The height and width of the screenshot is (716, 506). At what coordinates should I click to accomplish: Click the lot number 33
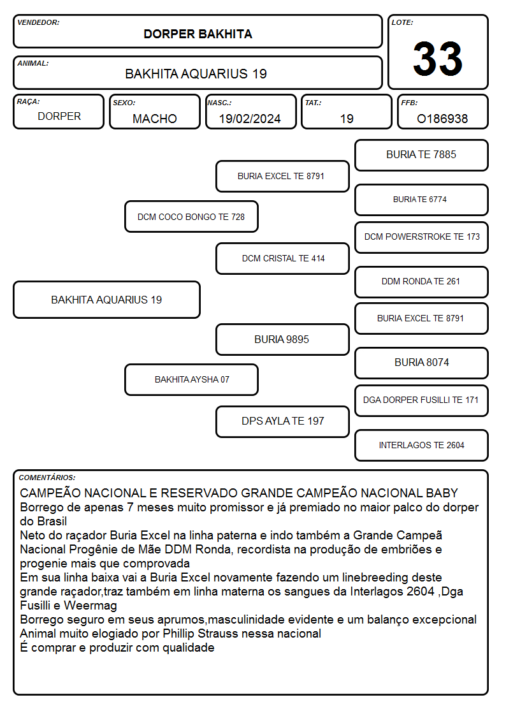pyautogui.click(x=438, y=59)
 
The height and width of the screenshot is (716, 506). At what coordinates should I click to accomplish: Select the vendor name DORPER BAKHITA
pyautogui.click(x=198, y=34)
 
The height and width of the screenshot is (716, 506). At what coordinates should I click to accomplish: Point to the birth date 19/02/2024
pyautogui.click(x=250, y=119)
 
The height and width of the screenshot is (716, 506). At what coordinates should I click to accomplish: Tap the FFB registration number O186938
pyautogui.click(x=442, y=119)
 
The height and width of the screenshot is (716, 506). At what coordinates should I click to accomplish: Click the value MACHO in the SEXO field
pyautogui.click(x=155, y=119)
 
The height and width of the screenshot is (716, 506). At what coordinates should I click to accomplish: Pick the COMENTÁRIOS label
pyautogui.click(x=47, y=478)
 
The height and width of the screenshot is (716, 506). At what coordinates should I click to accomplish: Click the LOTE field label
pyautogui.click(x=402, y=22)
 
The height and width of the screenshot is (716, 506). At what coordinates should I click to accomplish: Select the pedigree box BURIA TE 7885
pyautogui.click(x=421, y=156)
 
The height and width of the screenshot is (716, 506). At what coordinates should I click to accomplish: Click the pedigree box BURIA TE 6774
pyautogui.click(x=421, y=200)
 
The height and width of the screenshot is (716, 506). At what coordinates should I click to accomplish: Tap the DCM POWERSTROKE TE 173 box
pyautogui.click(x=421, y=237)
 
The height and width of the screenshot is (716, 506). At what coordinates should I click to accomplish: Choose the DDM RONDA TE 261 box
pyautogui.click(x=421, y=282)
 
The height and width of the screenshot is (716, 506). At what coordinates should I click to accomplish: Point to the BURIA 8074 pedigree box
pyautogui.click(x=421, y=363)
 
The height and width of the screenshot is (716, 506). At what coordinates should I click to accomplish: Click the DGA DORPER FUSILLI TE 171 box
pyautogui.click(x=421, y=400)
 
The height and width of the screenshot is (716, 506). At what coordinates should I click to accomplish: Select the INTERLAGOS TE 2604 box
pyautogui.click(x=421, y=445)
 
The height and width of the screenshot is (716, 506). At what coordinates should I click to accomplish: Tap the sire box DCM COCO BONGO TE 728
pyautogui.click(x=191, y=216)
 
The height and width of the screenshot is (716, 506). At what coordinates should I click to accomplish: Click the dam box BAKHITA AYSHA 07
pyautogui.click(x=191, y=379)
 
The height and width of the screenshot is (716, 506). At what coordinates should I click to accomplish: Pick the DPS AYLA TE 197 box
pyautogui.click(x=282, y=421)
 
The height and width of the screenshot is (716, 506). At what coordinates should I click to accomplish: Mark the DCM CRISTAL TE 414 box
pyautogui.click(x=282, y=258)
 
